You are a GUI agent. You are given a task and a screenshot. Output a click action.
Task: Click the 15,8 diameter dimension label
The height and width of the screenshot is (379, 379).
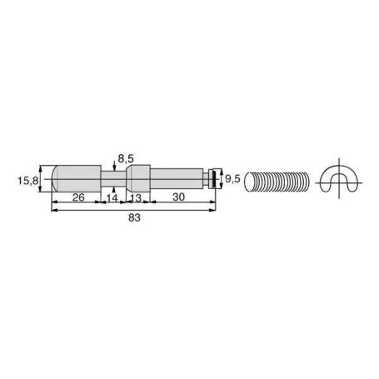point(27,181)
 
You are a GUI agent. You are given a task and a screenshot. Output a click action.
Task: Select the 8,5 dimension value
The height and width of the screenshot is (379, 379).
point(126,159)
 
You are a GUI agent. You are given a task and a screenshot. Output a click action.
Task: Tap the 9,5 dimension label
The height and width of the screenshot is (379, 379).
point(232,179)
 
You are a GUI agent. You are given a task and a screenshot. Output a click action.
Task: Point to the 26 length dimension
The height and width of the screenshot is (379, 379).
point(78,197)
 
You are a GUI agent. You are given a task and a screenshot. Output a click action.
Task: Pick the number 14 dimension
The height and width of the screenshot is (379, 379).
point(112,198)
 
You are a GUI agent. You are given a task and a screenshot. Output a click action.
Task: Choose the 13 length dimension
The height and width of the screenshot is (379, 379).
point(136,198)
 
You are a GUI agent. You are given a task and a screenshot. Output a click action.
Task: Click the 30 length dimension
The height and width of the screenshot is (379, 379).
point(178,197)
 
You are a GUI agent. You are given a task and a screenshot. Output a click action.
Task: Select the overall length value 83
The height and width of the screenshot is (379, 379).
point(134,217)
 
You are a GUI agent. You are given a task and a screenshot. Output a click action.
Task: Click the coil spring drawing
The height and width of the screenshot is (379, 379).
point(277,182)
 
